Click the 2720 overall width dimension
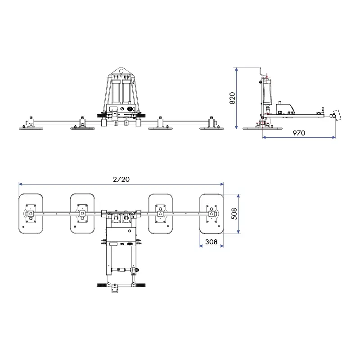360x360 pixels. point(121,179)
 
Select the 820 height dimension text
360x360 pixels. point(232,98)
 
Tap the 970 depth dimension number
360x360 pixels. point(298,133)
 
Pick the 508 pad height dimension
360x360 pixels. point(234,214)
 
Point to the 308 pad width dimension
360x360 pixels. point(211,242)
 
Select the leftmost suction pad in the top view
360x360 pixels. point(31,214)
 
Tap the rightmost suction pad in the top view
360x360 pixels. point(211,214)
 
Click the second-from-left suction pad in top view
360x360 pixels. point(82,214)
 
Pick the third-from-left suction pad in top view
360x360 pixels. point(160,214)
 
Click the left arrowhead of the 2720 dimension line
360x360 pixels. point(20,184)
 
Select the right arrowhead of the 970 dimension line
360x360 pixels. point(334,137)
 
